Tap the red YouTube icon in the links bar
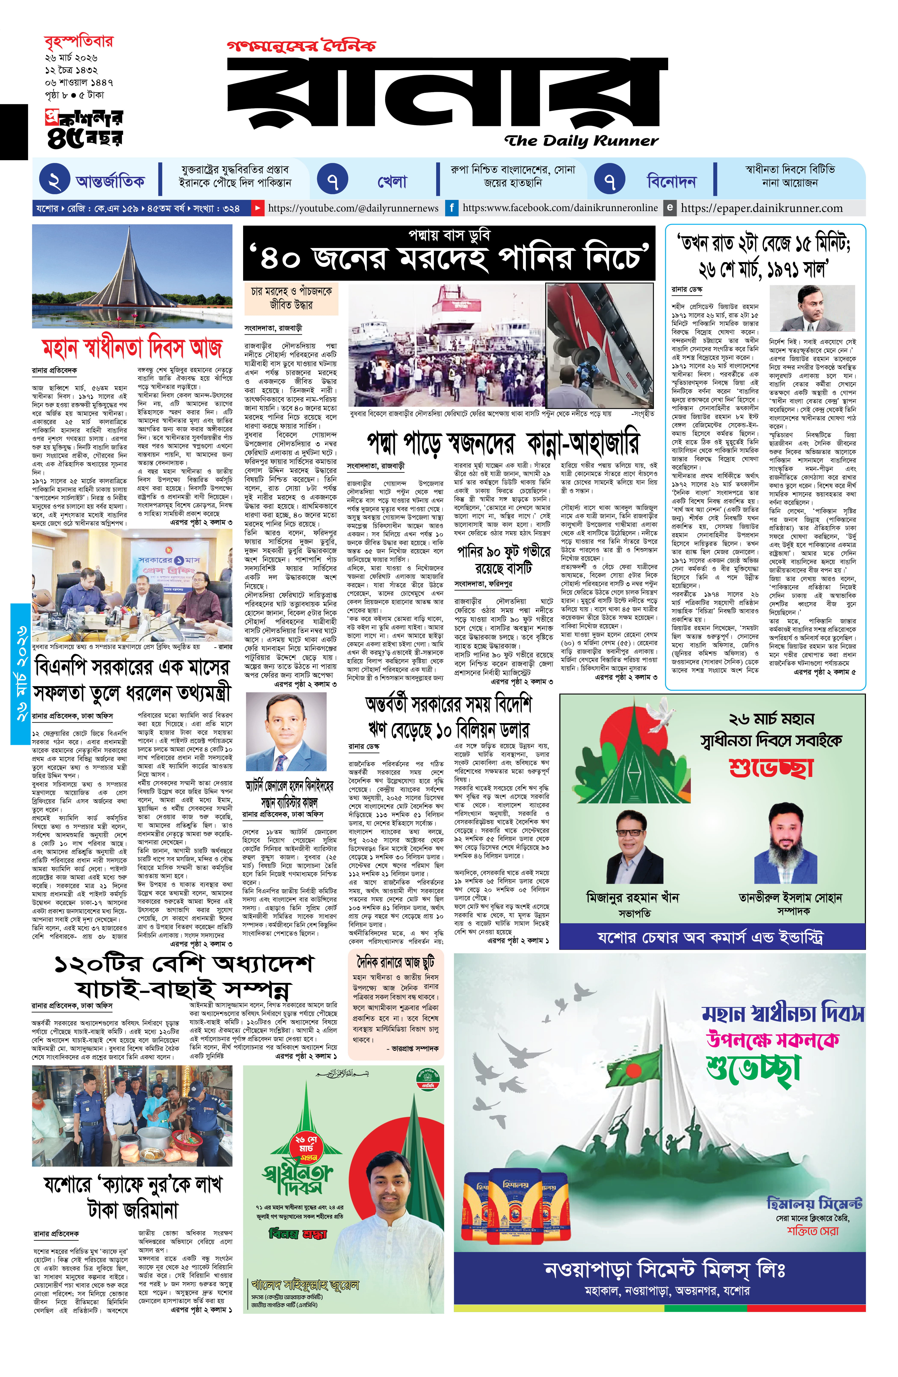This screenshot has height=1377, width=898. pyautogui.click(x=257, y=208)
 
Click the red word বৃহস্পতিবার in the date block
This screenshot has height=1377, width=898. pyautogui.click(x=79, y=42)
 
